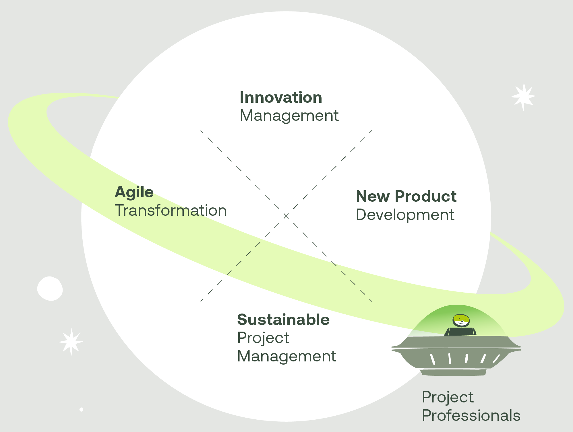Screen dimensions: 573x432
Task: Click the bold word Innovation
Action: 281,98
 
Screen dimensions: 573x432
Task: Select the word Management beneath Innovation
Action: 289,116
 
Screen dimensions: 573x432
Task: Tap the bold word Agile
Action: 134,192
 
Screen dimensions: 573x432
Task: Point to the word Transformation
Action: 171,211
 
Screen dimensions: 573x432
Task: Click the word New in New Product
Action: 372,196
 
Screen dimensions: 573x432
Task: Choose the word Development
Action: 405,215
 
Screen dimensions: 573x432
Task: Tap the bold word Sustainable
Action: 283,320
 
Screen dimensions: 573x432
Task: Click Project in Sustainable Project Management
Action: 263,338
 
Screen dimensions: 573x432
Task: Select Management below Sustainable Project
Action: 286,356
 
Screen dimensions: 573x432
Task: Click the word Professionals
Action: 471,415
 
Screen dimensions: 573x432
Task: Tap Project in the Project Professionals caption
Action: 448,397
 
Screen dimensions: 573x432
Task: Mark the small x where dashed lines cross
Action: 286,216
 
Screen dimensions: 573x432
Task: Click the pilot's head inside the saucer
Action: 461,320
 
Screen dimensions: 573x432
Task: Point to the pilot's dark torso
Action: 460,332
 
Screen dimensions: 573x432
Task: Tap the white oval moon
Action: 50,289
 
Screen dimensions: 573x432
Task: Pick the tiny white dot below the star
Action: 82,409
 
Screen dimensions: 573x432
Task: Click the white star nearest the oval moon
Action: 71,342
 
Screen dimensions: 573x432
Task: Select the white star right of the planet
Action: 523,97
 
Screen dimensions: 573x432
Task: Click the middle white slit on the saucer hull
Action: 466,358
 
